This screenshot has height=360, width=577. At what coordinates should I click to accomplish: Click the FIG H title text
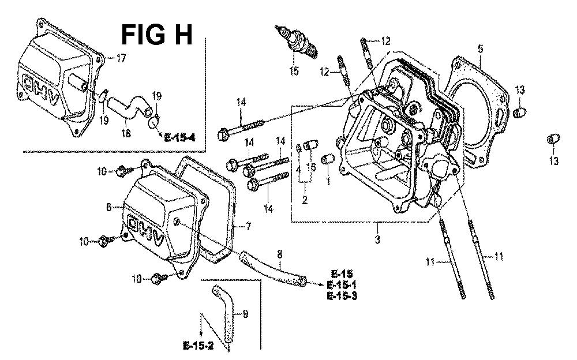(157, 35)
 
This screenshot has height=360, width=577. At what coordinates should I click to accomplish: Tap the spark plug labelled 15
(296, 42)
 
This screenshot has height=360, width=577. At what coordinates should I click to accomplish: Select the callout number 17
(121, 58)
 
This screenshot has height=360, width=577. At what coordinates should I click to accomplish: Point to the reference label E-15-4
(179, 138)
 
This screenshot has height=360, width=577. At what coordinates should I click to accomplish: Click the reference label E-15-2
(198, 346)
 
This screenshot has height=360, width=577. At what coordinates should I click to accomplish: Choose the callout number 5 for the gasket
(481, 48)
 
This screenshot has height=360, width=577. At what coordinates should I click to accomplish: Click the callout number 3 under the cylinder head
(377, 239)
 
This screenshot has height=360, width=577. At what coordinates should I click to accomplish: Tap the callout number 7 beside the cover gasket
(248, 227)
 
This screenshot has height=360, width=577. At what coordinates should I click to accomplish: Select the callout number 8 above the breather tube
(280, 254)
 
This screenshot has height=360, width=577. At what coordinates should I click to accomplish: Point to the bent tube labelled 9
(223, 316)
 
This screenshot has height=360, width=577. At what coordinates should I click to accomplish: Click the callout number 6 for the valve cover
(108, 207)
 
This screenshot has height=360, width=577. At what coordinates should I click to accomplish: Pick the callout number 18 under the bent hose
(126, 133)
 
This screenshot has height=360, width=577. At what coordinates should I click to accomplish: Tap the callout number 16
(312, 167)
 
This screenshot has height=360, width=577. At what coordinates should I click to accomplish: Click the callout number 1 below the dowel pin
(328, 181)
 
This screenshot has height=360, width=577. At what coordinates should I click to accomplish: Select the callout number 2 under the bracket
(305, 200)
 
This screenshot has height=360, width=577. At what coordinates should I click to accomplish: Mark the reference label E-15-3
(342, 295)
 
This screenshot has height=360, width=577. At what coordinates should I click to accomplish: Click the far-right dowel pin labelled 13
(554, 139)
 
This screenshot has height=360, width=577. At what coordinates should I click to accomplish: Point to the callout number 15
(294, 71)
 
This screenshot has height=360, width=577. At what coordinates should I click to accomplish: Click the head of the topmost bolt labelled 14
(222, 135)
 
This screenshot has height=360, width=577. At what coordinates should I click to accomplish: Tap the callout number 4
(298, 170)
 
